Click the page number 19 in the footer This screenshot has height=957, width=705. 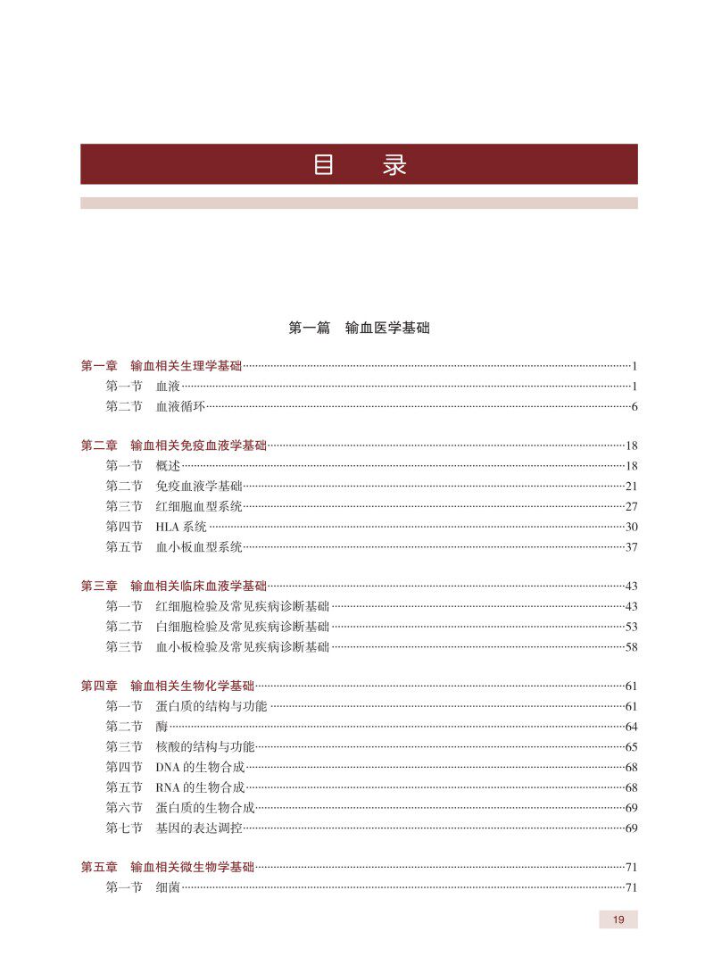618,920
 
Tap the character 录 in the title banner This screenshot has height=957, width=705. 394,165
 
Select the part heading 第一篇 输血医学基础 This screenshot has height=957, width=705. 359,329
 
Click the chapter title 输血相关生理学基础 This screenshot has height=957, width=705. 186,366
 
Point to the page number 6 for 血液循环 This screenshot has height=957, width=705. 634,407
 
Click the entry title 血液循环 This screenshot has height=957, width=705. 181,407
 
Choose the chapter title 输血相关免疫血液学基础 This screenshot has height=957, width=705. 198,445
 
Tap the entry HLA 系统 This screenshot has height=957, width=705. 181,527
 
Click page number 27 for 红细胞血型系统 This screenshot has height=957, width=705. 631,506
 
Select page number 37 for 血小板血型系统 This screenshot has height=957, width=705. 631,547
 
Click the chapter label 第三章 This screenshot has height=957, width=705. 99,587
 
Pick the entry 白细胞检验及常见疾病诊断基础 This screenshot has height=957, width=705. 242,627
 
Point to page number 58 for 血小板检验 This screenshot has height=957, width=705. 631,647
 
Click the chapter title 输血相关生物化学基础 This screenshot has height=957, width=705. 192,687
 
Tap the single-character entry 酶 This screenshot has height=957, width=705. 162,727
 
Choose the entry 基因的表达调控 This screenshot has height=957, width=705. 198,828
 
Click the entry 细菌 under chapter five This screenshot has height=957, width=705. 168,887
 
